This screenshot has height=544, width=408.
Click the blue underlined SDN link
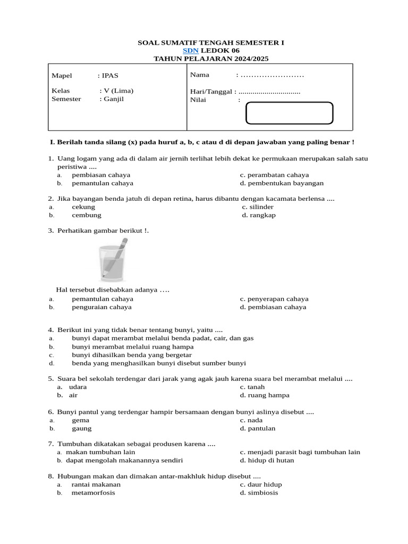[x=191, y=50]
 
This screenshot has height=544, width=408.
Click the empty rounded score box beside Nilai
[x=290, y=113]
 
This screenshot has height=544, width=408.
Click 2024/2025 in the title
[x=251, y=59]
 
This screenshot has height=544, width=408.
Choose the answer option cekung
[x=83, y=207]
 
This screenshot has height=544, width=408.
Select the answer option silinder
[x=260, y=207]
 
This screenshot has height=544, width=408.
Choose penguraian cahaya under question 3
[x=102, y=307]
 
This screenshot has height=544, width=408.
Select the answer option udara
[x=78, y=387]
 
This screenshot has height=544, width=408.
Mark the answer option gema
[x=81, y=420]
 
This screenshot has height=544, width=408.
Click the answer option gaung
[x=82, y=428]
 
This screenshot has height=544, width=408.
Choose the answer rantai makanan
[x=96, y=484]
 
